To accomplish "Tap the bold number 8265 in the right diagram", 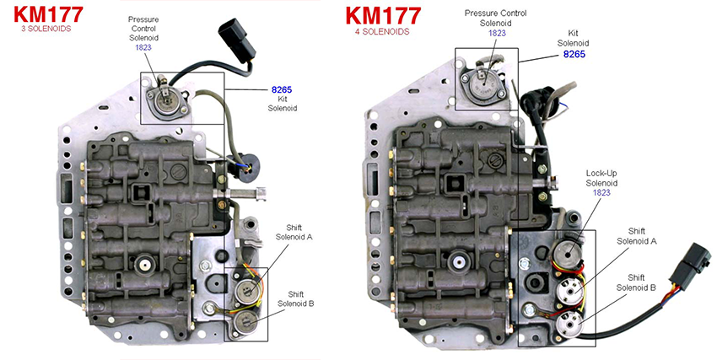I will [x=574, y=54].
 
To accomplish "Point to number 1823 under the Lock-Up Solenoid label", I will [x=602, y=193].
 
